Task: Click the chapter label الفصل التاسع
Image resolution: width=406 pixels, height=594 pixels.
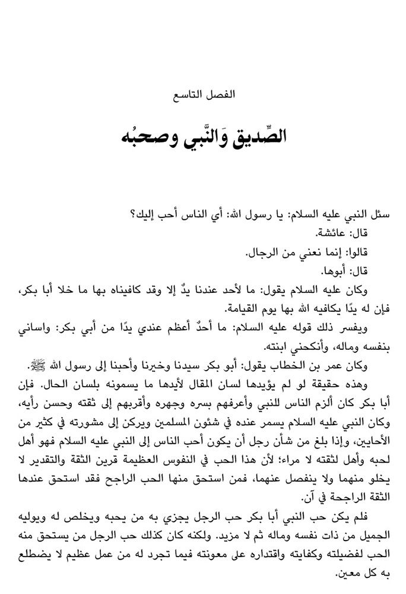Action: pos(203,94)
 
